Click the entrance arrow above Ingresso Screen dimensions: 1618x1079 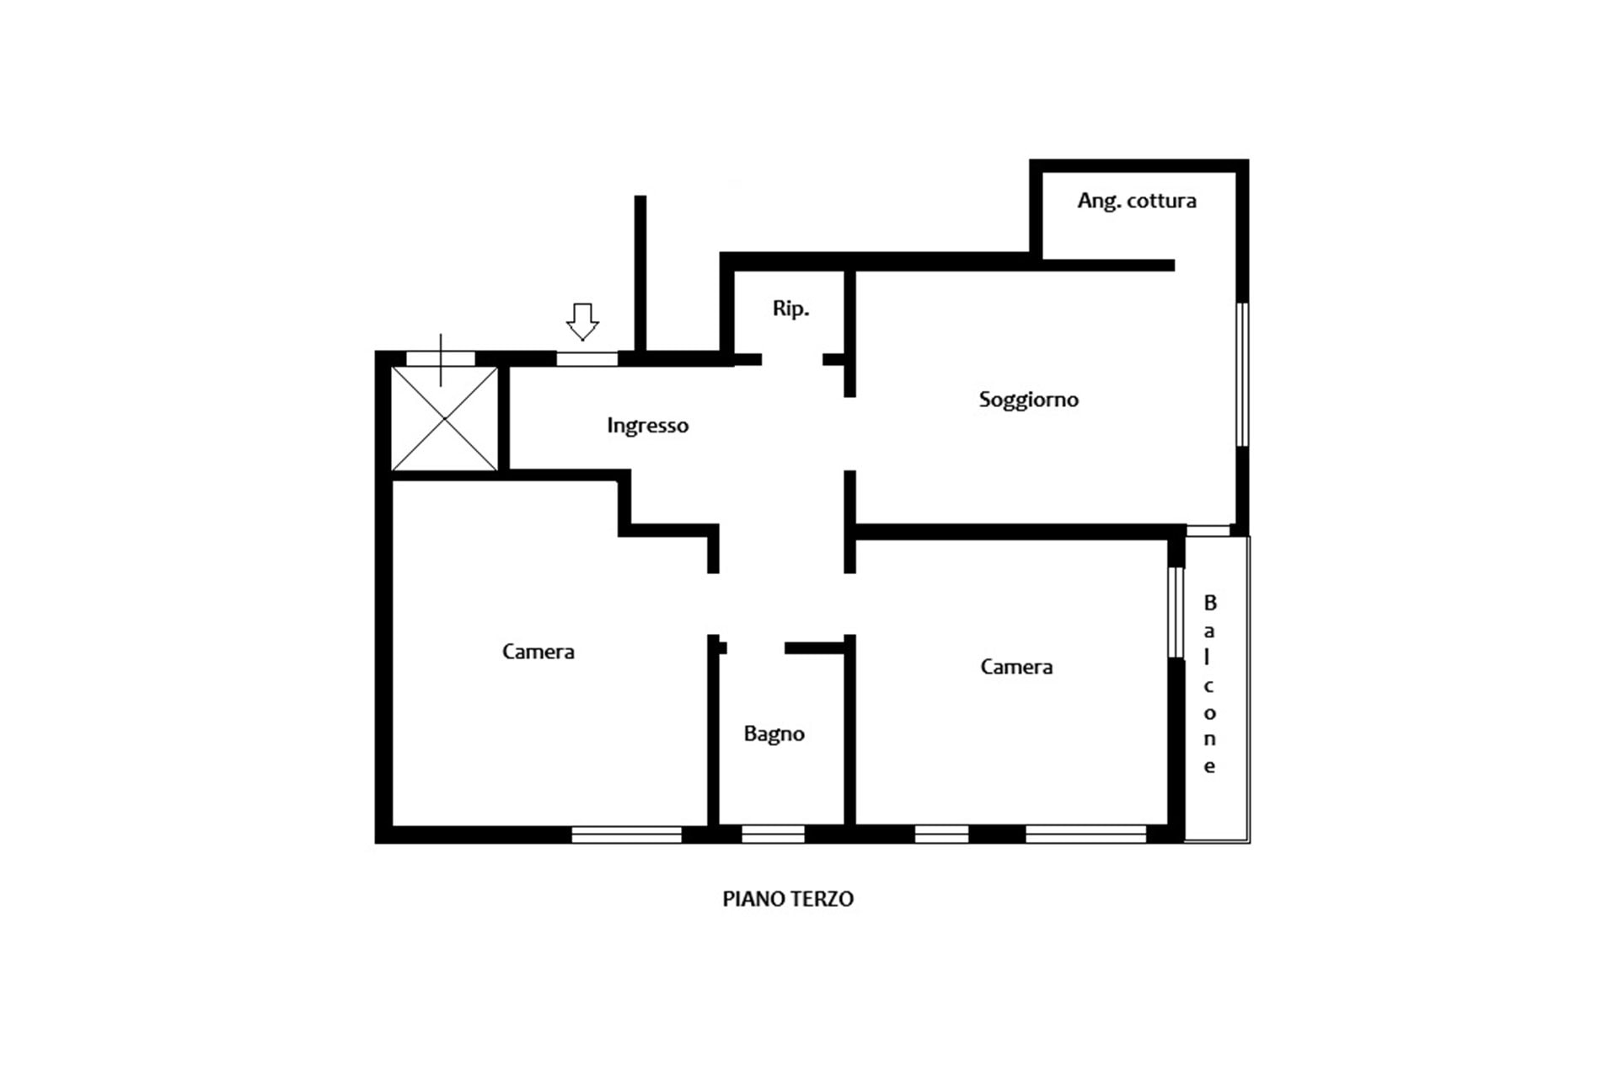582,322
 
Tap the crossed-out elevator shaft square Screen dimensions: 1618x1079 444,419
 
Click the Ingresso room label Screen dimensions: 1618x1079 647,426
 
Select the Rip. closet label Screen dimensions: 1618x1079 790,309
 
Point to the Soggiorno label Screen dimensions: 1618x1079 1028,400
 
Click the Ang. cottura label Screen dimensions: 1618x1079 1137,201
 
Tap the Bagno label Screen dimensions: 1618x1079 774,734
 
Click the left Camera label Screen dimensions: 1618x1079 538,652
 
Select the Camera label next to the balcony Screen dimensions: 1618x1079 1016,667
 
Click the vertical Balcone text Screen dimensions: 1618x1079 1210,684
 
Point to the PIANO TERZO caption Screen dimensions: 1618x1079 788,899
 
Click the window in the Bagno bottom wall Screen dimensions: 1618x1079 773,835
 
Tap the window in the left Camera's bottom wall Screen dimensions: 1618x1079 626,835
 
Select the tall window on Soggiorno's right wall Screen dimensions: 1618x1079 1242,374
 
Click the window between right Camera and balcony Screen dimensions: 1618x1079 1176,612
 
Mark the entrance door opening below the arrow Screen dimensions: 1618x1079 587,359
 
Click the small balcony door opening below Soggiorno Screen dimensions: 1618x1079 1208,531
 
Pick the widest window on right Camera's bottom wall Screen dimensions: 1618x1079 1085,835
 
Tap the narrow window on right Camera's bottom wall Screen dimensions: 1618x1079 941,835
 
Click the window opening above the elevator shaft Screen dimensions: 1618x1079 441,359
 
